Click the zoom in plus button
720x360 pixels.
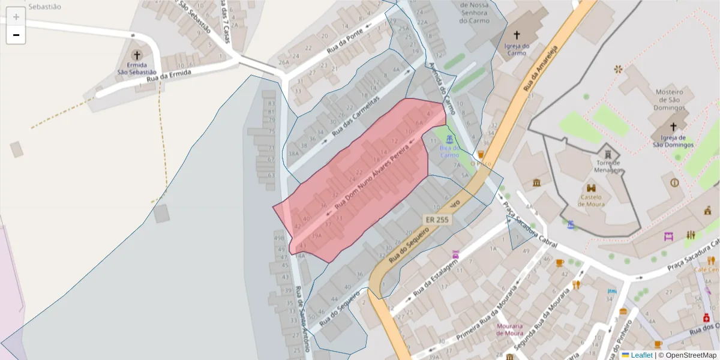point(16,17)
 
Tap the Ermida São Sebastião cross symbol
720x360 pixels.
point(137,55)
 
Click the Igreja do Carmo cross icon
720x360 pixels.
point(517,35)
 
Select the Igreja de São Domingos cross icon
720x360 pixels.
point(673,127)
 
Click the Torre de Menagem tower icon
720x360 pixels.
point(607,152)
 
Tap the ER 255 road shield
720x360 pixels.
point(437,220)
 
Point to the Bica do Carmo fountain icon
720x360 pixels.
point(449,139)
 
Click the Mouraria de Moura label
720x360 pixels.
point(509,329)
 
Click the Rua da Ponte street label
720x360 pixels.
point(346,42)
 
